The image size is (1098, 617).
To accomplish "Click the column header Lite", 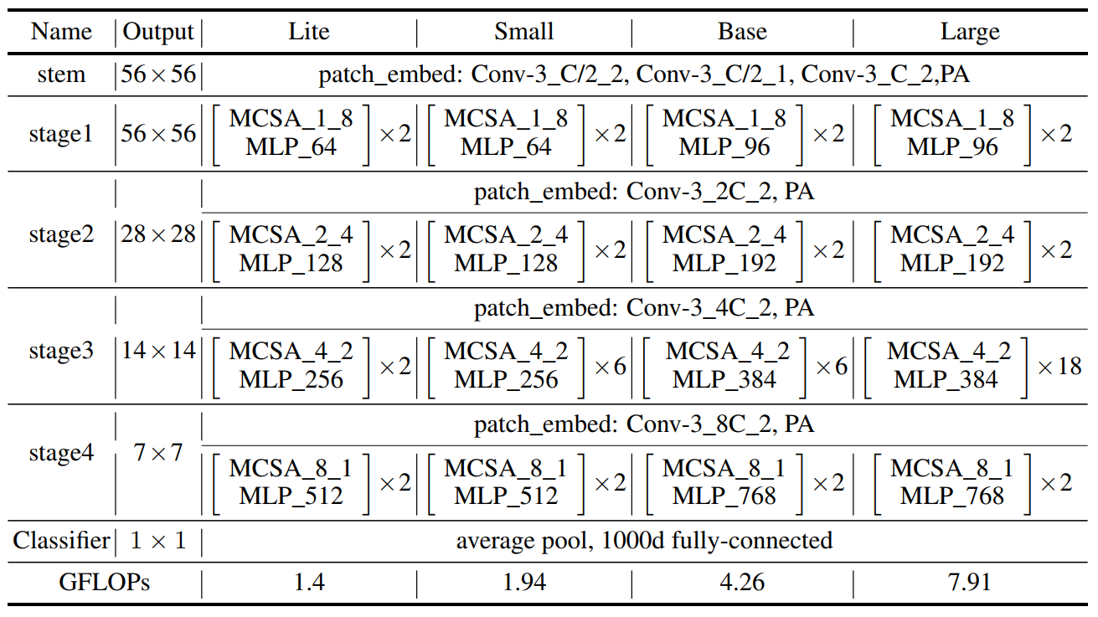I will point(309,32).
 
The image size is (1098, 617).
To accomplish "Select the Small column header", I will point(523,32).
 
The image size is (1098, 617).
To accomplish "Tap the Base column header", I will point(742,32).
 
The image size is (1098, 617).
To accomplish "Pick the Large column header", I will point(970,32).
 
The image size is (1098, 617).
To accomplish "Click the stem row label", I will point(61,75).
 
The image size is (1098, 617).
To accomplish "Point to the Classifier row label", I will point(61,540).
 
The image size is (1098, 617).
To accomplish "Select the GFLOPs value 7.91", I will point(970,582).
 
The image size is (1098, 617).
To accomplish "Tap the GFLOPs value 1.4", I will point(309,582).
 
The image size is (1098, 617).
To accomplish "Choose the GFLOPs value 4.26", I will point(742,582).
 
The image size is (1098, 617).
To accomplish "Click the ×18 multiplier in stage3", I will point(1059,366).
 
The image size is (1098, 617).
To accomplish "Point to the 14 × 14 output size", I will point(158,351).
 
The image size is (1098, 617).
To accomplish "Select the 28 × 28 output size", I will point(158,235).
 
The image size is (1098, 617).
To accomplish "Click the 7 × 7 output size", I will point(158,454).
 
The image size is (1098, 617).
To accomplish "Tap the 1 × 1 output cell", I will point(158,540).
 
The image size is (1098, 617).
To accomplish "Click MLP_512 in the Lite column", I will point(291,496).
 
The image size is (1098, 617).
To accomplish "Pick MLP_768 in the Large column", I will point(952,496).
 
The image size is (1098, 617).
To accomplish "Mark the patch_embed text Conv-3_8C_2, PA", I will point(644,424).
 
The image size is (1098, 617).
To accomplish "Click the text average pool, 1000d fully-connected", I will point(644,540).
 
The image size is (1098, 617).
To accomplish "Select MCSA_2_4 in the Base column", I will point(724,235).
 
